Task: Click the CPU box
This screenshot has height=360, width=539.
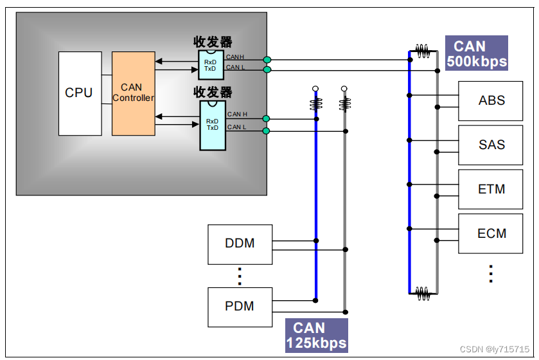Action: [80, 93]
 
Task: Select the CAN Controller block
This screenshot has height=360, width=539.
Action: [133, 93]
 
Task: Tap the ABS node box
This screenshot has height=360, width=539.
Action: [491, 100]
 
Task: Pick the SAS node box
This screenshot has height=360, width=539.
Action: [491, 145]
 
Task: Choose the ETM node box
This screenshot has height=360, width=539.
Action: [491, 189]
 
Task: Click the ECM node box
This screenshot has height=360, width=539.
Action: [491, 233]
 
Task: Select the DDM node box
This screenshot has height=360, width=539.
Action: [240, 244]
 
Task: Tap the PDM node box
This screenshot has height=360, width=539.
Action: [240, 306]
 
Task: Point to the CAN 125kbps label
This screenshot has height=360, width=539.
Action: [316, 336]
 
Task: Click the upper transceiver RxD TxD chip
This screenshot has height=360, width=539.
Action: [211, 65]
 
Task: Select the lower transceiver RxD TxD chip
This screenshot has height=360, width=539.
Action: [212, 125]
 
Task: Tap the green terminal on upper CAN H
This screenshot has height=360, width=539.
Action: [267, 60]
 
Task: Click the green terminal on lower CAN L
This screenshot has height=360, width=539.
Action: [267, 131]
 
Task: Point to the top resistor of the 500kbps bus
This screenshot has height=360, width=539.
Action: [423, 49]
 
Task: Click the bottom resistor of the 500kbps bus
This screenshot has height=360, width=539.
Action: [423, 293]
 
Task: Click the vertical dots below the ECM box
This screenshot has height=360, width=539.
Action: [491, 274]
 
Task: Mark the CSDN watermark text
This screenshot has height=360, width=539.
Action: [495, 349]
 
